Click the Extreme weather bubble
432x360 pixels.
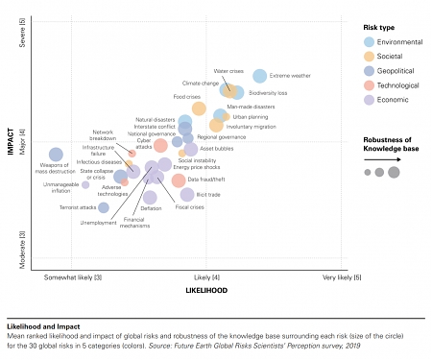click(260, 76)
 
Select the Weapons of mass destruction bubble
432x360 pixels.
click(56, 155)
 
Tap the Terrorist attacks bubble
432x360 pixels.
click(104, 207)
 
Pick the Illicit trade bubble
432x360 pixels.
click(187, 195)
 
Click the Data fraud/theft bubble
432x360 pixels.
click(179, 180)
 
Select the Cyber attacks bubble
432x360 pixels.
click(160, 145)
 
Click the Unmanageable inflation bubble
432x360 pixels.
click(84, 185)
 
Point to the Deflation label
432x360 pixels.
click(151, 208)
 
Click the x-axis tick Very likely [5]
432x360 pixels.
click(342, 277)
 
